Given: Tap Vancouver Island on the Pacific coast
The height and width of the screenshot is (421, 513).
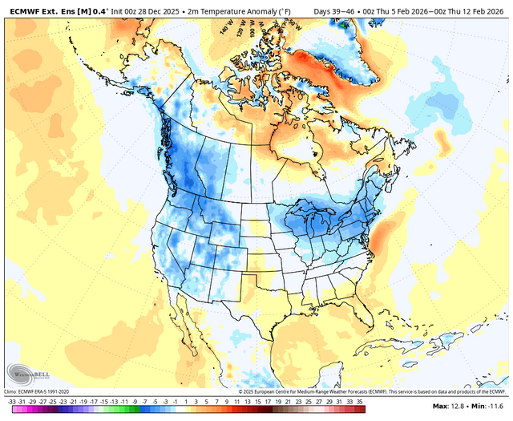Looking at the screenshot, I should (x=163, y=137).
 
